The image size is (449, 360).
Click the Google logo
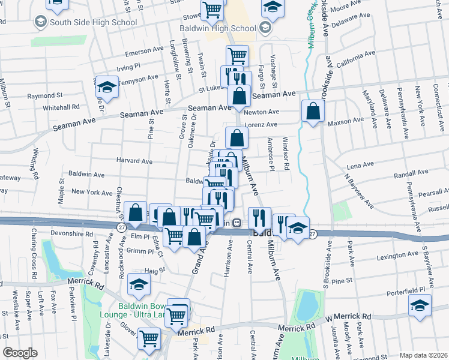click(x=20, y=353)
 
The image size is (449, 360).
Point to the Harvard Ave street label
click(x=134, y=161)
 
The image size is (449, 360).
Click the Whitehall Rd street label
click(x=61, y=107)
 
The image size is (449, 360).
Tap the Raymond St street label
click(x=45, y=95)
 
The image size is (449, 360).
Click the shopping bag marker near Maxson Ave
click(x=313, y=110)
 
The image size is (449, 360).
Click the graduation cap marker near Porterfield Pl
click(x=419, y=305)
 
